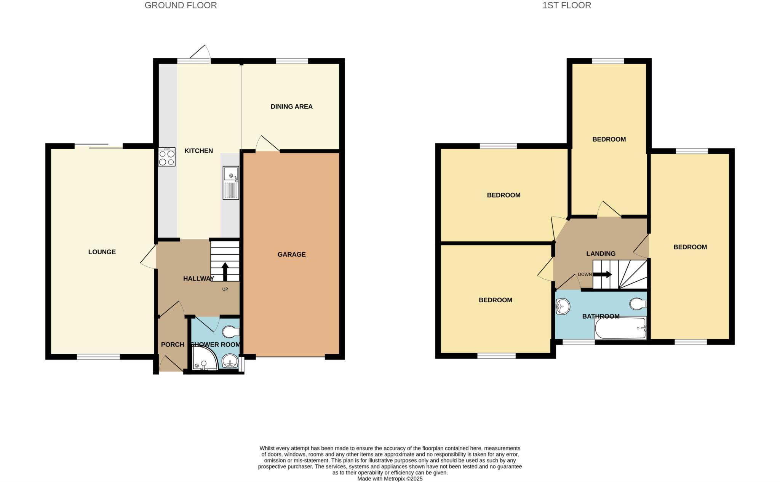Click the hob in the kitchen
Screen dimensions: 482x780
[x=167, y=157]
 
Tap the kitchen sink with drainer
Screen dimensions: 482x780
[x=231, y=183]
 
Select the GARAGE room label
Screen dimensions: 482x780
[x=291, y=254]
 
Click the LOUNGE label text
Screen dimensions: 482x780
[x=102, y=252]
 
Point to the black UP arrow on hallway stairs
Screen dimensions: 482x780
[x=225, y=271]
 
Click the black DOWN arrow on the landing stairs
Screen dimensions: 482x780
[x=603, y=274]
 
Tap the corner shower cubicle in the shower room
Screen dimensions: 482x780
[x=204, y=359]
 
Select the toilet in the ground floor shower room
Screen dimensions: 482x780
[x=230, y=332]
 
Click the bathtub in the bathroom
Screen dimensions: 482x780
[x=620, y=328]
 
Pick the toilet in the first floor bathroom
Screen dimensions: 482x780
[x=638, y=304]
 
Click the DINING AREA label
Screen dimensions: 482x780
[x=291, y=107]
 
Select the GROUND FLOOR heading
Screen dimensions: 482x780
[x=181, y=5]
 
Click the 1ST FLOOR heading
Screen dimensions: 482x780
[x=567, y=5]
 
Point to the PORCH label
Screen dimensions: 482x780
[x=172, y=345]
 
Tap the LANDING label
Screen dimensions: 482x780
[x=601, y=254]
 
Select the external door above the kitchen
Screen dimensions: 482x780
[x=200, y=53]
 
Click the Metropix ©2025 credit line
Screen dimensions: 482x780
[x=390, y=479]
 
